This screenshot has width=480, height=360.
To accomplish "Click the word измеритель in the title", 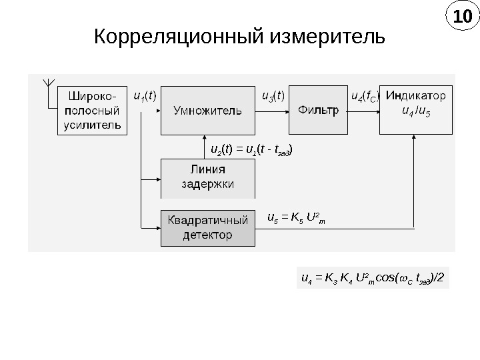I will coord(326,35).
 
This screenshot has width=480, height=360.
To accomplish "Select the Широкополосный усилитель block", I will coord(93,110).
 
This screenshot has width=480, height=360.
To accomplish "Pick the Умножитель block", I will coord(208,111).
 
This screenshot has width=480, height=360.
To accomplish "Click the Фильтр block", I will coord(318,111).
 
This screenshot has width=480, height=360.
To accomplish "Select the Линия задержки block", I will coord(208,178).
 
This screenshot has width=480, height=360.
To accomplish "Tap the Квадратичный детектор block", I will coord(208,227).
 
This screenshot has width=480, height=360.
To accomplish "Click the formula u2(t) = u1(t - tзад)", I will coord(251,148).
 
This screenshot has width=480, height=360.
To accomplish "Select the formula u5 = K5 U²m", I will coord(295,217).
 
